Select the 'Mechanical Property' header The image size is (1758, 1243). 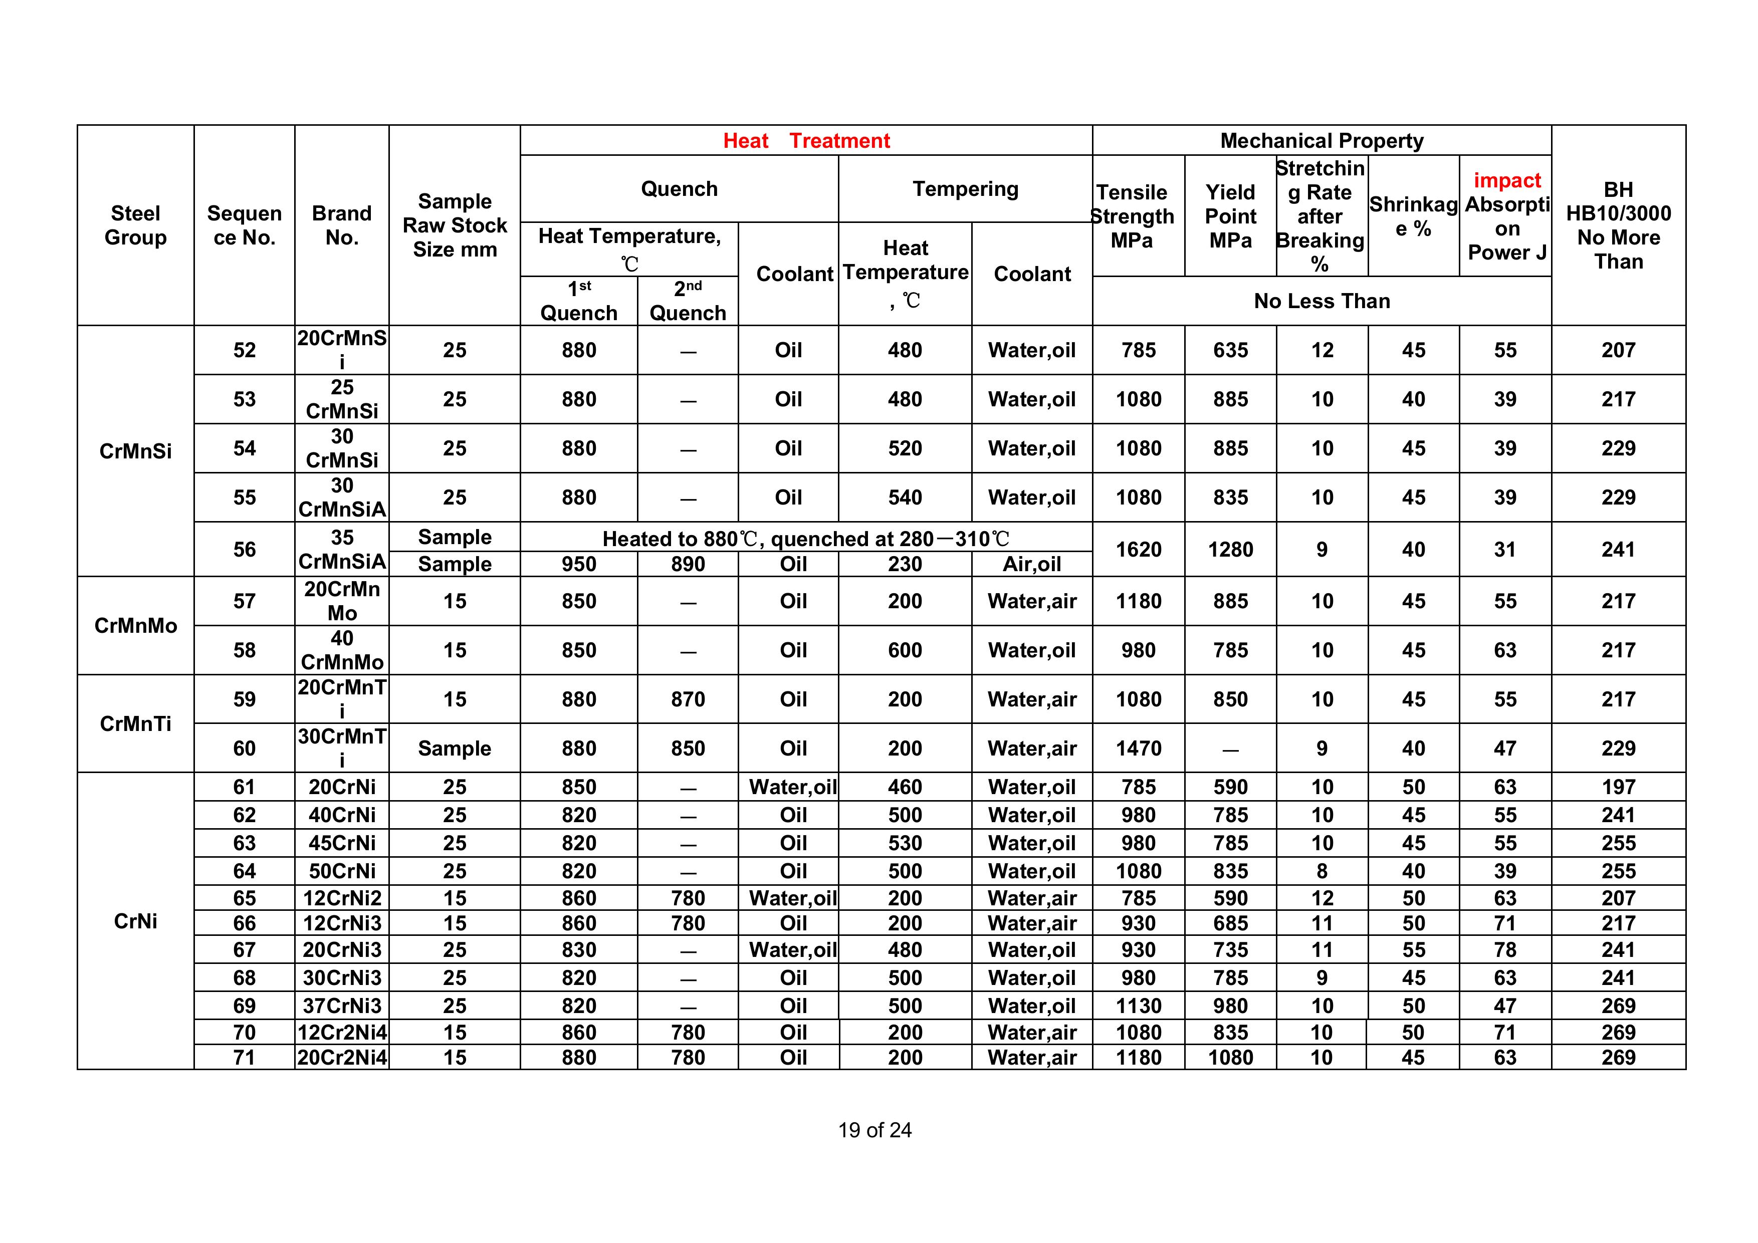pyautogui.click(x=1322, y=141)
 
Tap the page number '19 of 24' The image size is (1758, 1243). pyautogui.click(x=874, y=1130)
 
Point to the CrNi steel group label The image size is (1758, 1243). pyautogui.click(x=135, y=921)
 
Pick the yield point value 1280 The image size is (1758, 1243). pyautogui.click(x=1230, y=550)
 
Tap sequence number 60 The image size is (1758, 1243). pyautogui.click(x=244, y=748)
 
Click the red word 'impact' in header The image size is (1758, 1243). pyautogui.click(x=1506, y=181)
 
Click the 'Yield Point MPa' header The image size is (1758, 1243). pyautogui.click(x=1230, y=216)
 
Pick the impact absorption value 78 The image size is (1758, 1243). pyautogui.click(x=1504, y=950)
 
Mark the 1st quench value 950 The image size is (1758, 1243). pyautogui.click(x=578, y=564)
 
